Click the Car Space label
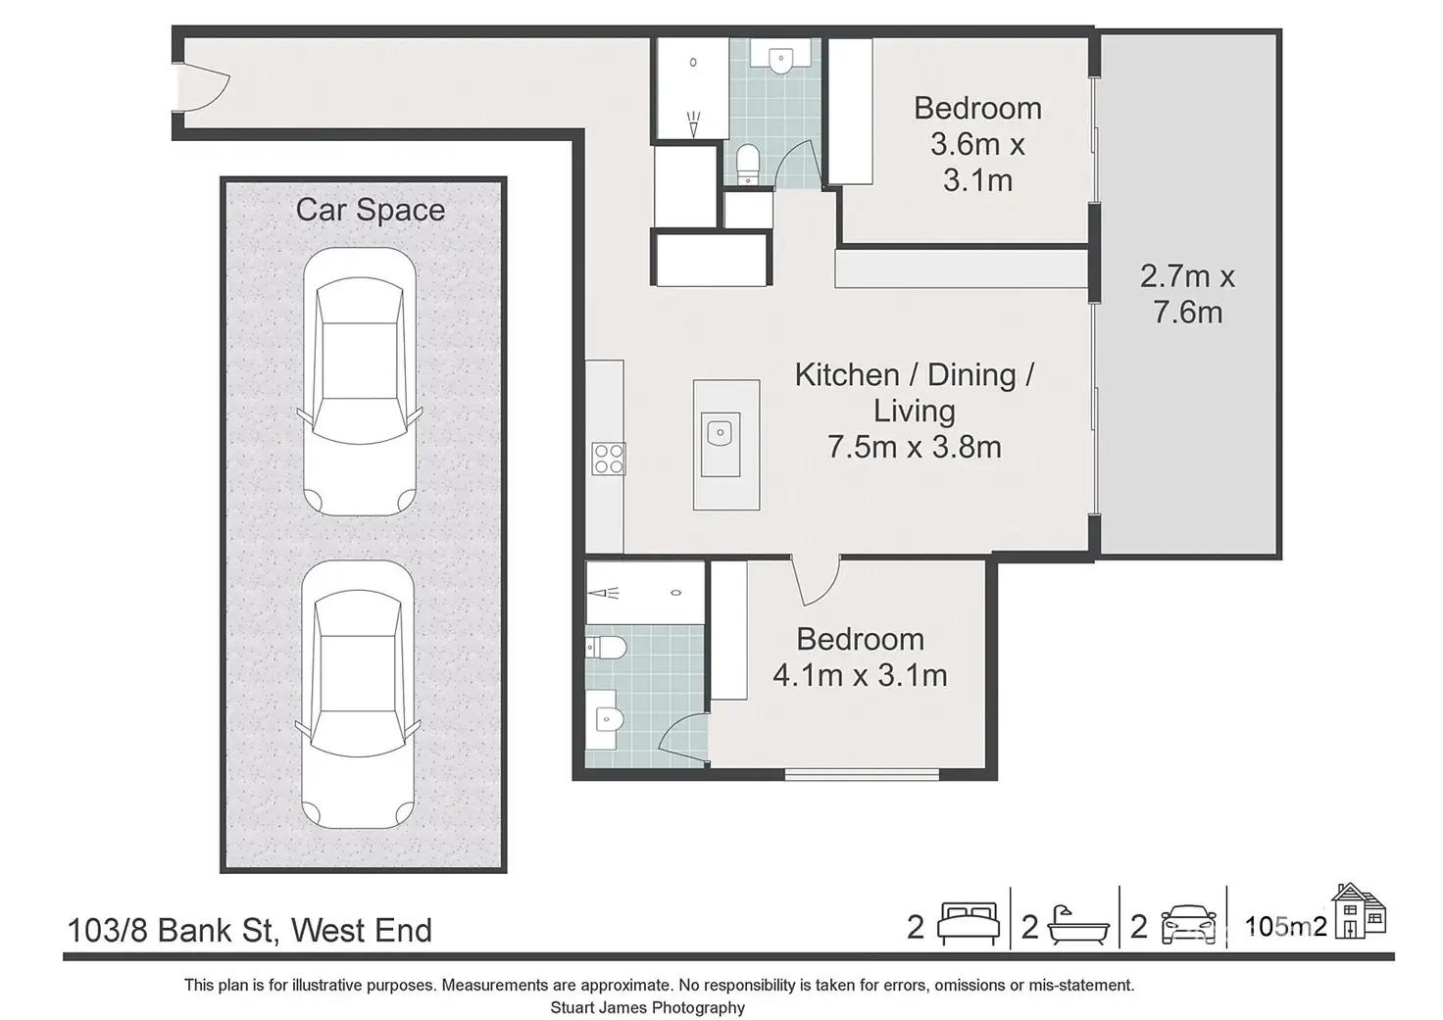371,211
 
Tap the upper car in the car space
360,382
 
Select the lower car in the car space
358,694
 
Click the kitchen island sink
721,444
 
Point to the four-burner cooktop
609,459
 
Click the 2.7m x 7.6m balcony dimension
1187,294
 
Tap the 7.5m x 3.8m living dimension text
915,447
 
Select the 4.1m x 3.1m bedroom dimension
860,675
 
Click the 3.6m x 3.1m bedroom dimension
978,163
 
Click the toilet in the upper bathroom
747,164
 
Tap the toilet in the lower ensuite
606,647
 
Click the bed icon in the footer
969,923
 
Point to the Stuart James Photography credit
647,1007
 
